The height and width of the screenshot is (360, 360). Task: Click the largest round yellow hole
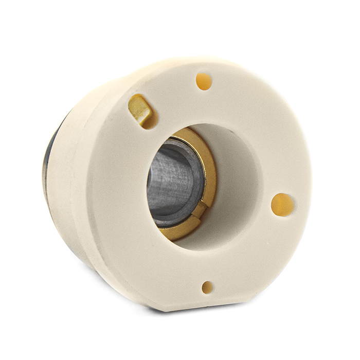click(282, 204)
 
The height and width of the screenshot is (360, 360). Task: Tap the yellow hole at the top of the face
click(204, 81)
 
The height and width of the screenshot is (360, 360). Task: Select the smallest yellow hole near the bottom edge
click(207, 287)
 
